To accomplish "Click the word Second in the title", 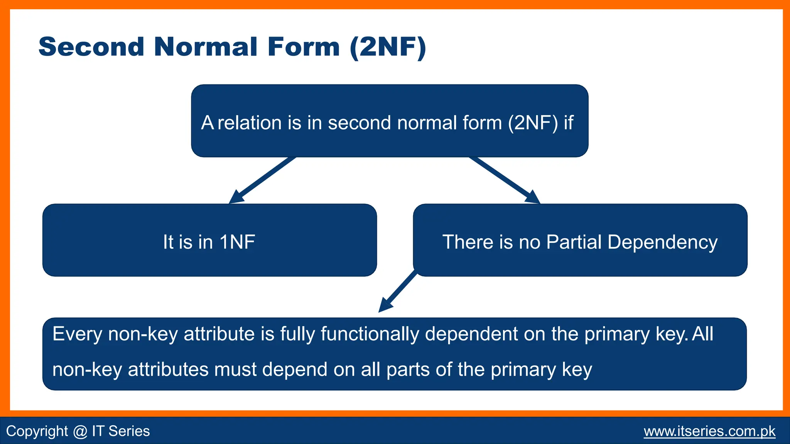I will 91,47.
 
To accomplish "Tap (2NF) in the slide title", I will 388,47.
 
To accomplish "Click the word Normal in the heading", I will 206,47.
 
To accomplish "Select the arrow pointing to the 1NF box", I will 262,180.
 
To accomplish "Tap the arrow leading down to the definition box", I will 397,291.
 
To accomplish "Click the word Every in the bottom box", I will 77,334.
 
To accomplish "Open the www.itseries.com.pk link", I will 709,431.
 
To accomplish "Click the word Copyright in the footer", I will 37,431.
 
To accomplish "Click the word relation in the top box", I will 250,123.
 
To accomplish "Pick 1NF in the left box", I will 237,242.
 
